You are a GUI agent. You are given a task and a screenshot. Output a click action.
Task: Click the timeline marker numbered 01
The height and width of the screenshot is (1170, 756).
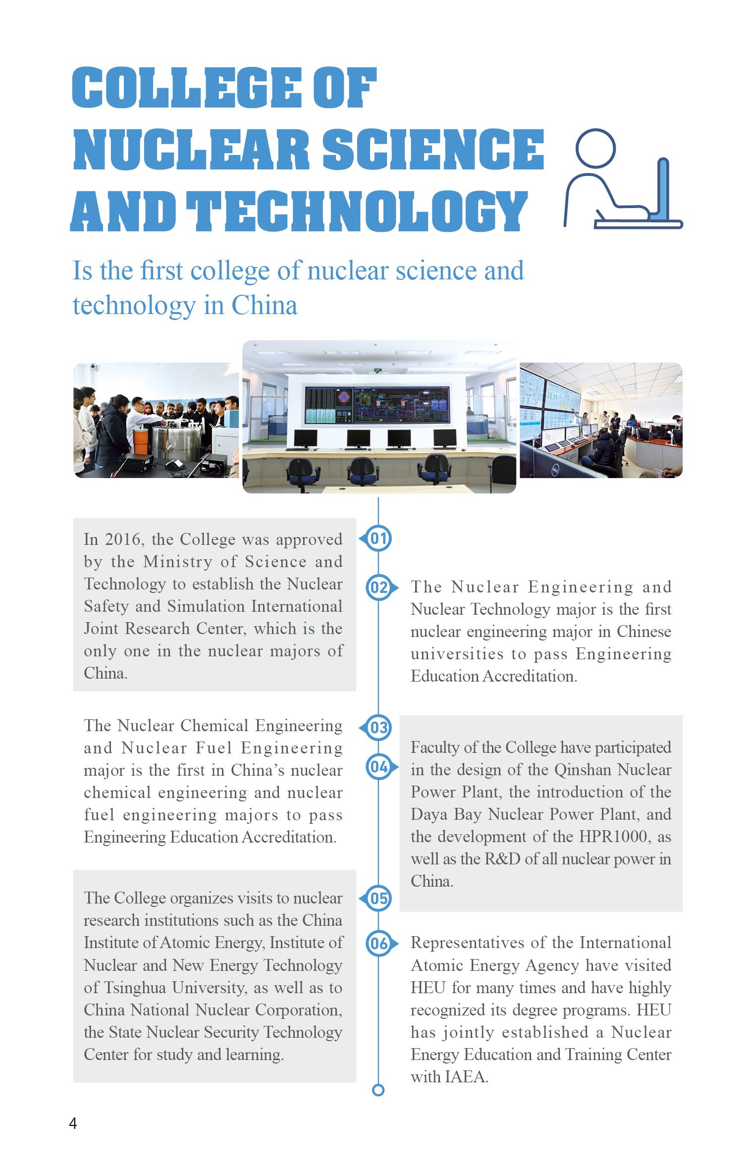click(x=378, y=538)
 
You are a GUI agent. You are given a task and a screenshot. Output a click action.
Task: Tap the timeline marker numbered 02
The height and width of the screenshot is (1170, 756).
click(x=379, y=587)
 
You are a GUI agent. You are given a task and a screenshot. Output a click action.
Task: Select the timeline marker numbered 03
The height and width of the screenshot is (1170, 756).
click(x=378, y=728)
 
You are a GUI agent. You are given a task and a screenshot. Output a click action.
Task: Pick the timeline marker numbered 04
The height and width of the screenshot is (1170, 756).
click(x=379, y=767)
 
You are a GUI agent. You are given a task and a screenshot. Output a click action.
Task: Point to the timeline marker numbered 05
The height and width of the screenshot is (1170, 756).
click(x=378, y=898)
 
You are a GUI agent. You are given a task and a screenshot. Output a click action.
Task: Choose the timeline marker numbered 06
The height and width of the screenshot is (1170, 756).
click(x=379, y=943)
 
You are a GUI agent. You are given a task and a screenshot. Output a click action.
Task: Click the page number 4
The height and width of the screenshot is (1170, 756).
click(x=73, y=1123)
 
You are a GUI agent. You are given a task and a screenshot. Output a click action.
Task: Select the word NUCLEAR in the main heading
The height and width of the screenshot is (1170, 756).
click(x=191, y=149)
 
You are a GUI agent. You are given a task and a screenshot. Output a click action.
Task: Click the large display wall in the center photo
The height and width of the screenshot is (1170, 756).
click(x=378, y=405)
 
